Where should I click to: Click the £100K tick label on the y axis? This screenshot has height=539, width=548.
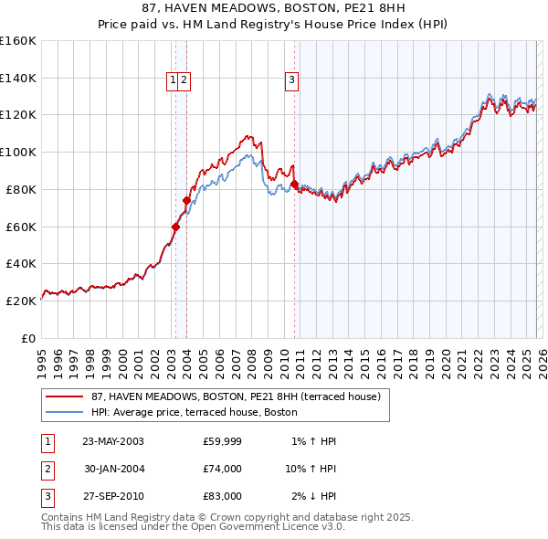[x=18, y=152]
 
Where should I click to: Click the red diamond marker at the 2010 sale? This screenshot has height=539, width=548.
[x=294, y=185]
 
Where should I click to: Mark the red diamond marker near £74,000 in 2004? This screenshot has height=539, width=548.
[x=186, y=200]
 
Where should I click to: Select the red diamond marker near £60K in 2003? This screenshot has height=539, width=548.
[x=175, y=227]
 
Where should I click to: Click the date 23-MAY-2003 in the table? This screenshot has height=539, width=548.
[x=112, y=441]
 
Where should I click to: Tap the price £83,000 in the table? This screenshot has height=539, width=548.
[x=222, y=496]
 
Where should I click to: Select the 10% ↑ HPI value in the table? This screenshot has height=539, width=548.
[x=311, y=469]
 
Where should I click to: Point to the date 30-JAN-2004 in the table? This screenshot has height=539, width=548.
[x=112, y=469]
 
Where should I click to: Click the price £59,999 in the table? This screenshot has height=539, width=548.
[x=222, y=441]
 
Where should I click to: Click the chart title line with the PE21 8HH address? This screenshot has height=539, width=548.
[x=273, y=10]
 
